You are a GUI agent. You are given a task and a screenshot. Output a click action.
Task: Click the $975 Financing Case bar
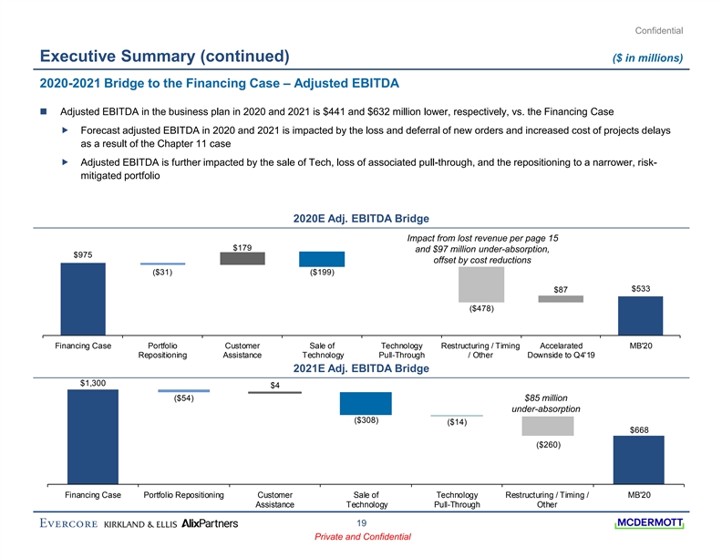[x=83, y=298]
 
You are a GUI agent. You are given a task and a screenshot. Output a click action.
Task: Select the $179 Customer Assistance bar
[x=242, y=259]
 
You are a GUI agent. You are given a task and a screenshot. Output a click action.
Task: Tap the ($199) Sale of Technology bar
[x=322, y=259]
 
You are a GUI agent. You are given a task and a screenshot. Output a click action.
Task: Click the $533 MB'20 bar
[x=641, y=315]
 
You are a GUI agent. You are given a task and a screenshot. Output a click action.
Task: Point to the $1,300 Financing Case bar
[x=93, y=435]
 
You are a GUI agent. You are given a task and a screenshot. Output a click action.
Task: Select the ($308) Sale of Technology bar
[x=366, y=403]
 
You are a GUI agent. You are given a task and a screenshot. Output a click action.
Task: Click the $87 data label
[x=561, y=290]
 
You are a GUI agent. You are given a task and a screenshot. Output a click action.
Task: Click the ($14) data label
[x=457, y=422]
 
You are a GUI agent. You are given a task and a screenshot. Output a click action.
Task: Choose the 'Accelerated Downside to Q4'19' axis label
[x=561, y=350]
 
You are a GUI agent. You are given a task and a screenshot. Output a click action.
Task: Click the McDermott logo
[x=649, y=522]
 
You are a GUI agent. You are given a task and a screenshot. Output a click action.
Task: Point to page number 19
[x=361, y=522]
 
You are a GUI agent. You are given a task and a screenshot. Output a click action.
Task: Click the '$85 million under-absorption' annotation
[x=547, y=403]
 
